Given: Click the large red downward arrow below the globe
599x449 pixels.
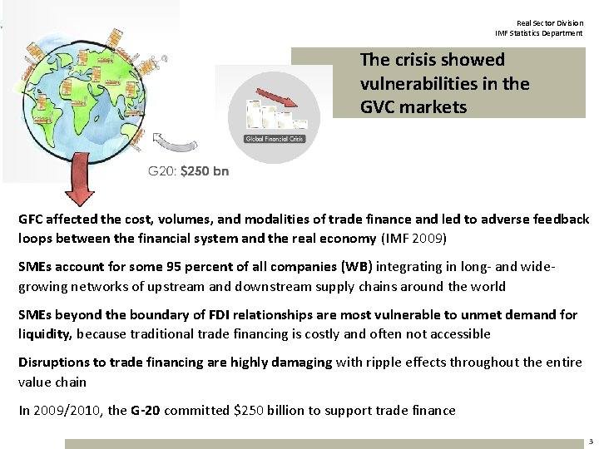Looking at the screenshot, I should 81,177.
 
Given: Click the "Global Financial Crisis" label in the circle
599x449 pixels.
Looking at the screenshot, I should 274,139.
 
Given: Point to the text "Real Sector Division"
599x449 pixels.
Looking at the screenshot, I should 550,23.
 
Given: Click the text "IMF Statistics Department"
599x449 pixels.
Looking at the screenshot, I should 539,33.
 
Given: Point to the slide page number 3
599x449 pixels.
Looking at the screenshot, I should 589,441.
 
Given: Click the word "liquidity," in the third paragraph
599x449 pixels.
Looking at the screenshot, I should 46,333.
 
